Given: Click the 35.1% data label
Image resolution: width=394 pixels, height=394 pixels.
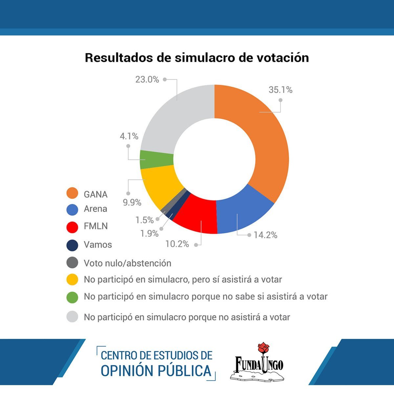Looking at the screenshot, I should coord(280,90).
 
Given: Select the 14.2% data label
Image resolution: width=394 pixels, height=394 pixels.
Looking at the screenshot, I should coord(265,235).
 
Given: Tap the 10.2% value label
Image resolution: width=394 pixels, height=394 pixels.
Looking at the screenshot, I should coord(177,244).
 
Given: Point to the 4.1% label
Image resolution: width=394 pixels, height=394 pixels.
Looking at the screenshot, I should coord(129,136).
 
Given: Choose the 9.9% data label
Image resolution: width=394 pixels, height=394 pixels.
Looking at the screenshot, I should coord(132,203).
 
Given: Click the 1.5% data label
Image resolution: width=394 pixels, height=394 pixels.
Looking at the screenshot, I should coord(144,220).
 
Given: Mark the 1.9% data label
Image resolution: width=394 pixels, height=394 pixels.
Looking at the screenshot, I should coord(149,233).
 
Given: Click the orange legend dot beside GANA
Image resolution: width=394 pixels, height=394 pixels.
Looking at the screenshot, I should coord(72,193).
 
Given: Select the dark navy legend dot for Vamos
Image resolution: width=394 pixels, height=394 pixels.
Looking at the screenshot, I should coord(72,245).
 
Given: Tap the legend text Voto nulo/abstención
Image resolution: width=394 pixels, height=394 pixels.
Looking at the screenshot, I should coord(127,263).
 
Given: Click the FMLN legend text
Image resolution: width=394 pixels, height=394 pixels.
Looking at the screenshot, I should coord(96,226).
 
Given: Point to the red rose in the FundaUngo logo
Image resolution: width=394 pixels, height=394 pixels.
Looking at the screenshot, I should coord(263,349).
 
